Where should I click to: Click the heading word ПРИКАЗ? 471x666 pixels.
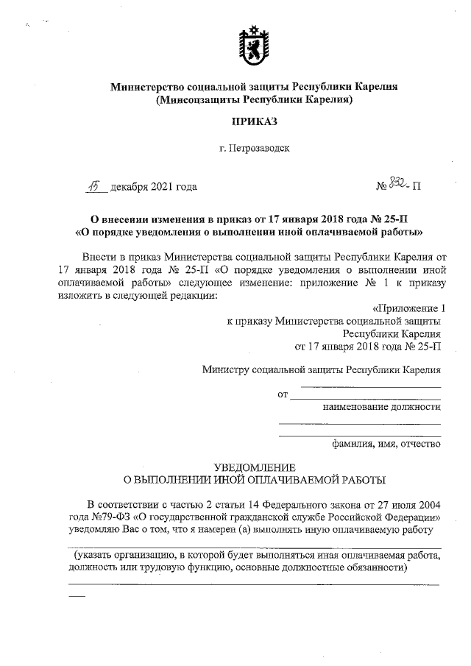point(254,121)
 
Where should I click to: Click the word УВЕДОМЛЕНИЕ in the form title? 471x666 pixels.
point(254,467)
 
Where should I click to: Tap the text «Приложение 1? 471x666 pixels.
point(409,308)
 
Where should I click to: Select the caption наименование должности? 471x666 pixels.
point(382,408)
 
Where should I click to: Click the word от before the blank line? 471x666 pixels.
point(283,397)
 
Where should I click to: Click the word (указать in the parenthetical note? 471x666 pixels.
point(94,556)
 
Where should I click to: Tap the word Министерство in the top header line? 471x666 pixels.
point(149,87)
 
